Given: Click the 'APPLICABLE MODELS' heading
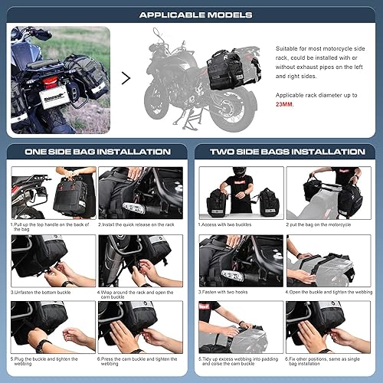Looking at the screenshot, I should [x=191, y=14].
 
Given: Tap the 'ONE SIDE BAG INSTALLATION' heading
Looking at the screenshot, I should [x=97, y=152].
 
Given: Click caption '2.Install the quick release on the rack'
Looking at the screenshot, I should [x=141, y=225].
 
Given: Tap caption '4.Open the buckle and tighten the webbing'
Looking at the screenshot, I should [x=329, y=292].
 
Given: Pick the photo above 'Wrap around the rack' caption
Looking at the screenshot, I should [x=141, y=260].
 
